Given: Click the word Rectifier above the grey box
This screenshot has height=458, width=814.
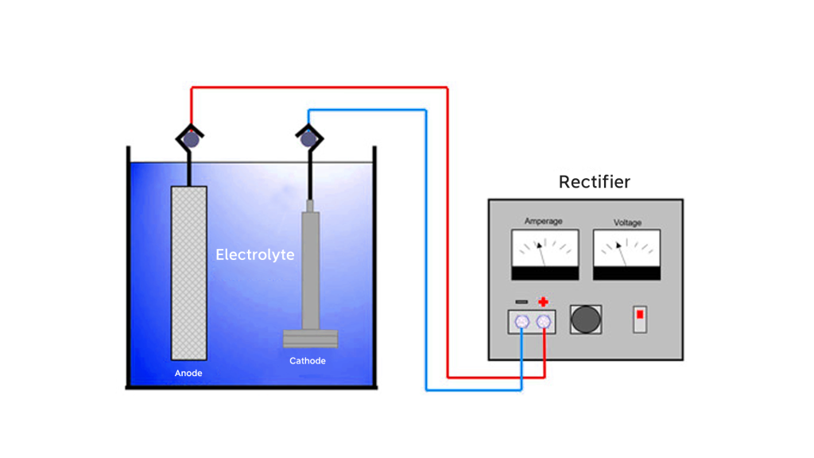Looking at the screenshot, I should click(594, 182).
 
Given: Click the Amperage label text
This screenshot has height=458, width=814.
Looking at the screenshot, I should click(545, 222).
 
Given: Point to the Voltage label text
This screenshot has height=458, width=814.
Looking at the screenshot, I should click(627, 223).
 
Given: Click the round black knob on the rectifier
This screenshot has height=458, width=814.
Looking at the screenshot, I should click(587, 319).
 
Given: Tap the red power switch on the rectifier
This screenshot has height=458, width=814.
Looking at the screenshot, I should click(639, 317).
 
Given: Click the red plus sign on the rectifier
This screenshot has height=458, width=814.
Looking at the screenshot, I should click(543, 302).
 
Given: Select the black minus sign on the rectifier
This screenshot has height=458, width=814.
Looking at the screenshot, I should click(521, 302).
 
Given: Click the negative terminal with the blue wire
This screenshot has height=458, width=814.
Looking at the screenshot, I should click(521, 321).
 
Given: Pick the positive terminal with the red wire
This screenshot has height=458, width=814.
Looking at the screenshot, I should click(544, 321).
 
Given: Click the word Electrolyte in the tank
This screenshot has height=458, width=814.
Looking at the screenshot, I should click(255, 255).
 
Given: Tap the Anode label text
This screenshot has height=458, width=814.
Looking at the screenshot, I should click(188, 372).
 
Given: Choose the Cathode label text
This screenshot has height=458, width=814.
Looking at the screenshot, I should click(307, 361).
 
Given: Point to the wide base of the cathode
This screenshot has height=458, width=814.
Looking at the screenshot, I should click(311, 339).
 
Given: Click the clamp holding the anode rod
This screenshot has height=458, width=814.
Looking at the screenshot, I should click(191, 140).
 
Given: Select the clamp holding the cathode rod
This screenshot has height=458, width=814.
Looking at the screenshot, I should click(308, 140).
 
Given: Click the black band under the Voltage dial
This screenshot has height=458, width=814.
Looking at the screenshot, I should click(626, 273).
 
